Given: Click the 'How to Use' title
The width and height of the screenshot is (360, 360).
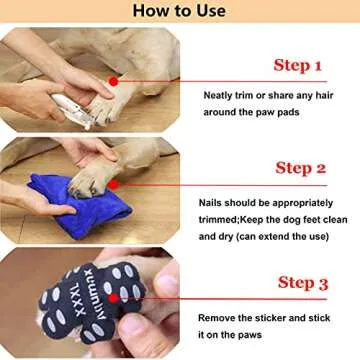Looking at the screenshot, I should pyautogui.click(x=179, y=13).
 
